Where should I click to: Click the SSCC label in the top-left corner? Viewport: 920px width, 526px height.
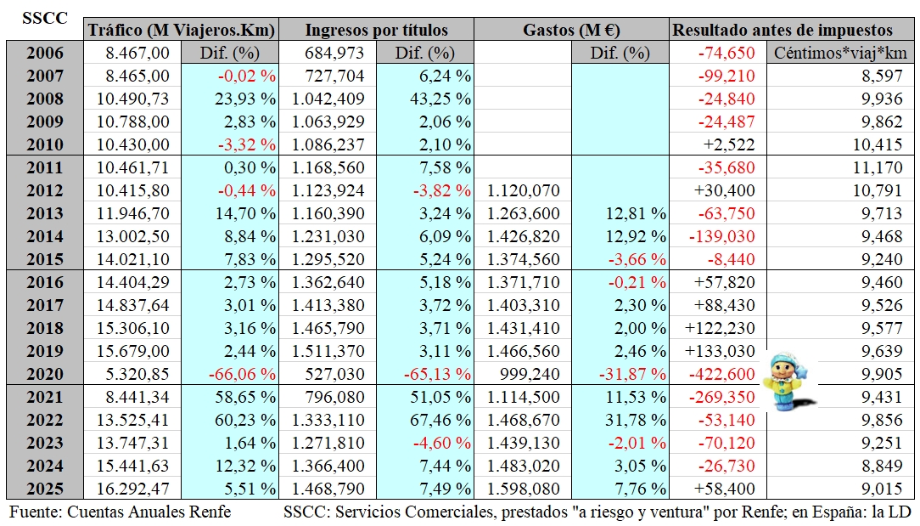click(45, 18)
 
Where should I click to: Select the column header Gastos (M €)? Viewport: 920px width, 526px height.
click(571, 30)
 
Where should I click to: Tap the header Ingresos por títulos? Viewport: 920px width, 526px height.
click(376, 30)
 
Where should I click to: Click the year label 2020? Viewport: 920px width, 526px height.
click(45, 374)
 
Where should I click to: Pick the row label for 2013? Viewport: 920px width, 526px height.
click(45, 213)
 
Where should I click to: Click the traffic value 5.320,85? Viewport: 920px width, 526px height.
click(137, 374)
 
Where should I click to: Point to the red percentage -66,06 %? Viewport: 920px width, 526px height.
click(242, 374)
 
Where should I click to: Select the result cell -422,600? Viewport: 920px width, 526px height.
click(721, 374)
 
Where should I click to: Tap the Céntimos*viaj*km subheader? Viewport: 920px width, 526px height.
click(840, 53)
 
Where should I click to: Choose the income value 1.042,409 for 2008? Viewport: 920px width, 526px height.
click(328, 99)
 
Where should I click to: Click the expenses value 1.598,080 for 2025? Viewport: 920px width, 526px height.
click(524, 489)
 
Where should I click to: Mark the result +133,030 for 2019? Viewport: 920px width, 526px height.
click(720, 351)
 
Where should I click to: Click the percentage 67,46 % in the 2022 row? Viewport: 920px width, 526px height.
click(440, 420)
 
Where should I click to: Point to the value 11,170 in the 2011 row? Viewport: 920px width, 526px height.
click(878, 167)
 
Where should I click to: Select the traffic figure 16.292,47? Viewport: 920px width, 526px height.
click(132, 489)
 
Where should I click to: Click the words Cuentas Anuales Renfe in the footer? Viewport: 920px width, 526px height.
click(149, 512)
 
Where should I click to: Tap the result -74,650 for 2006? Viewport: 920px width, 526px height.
click(726, 53)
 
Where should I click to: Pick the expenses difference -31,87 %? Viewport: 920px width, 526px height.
click(632, 374)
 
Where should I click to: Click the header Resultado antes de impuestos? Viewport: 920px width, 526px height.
click(783, 30)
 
